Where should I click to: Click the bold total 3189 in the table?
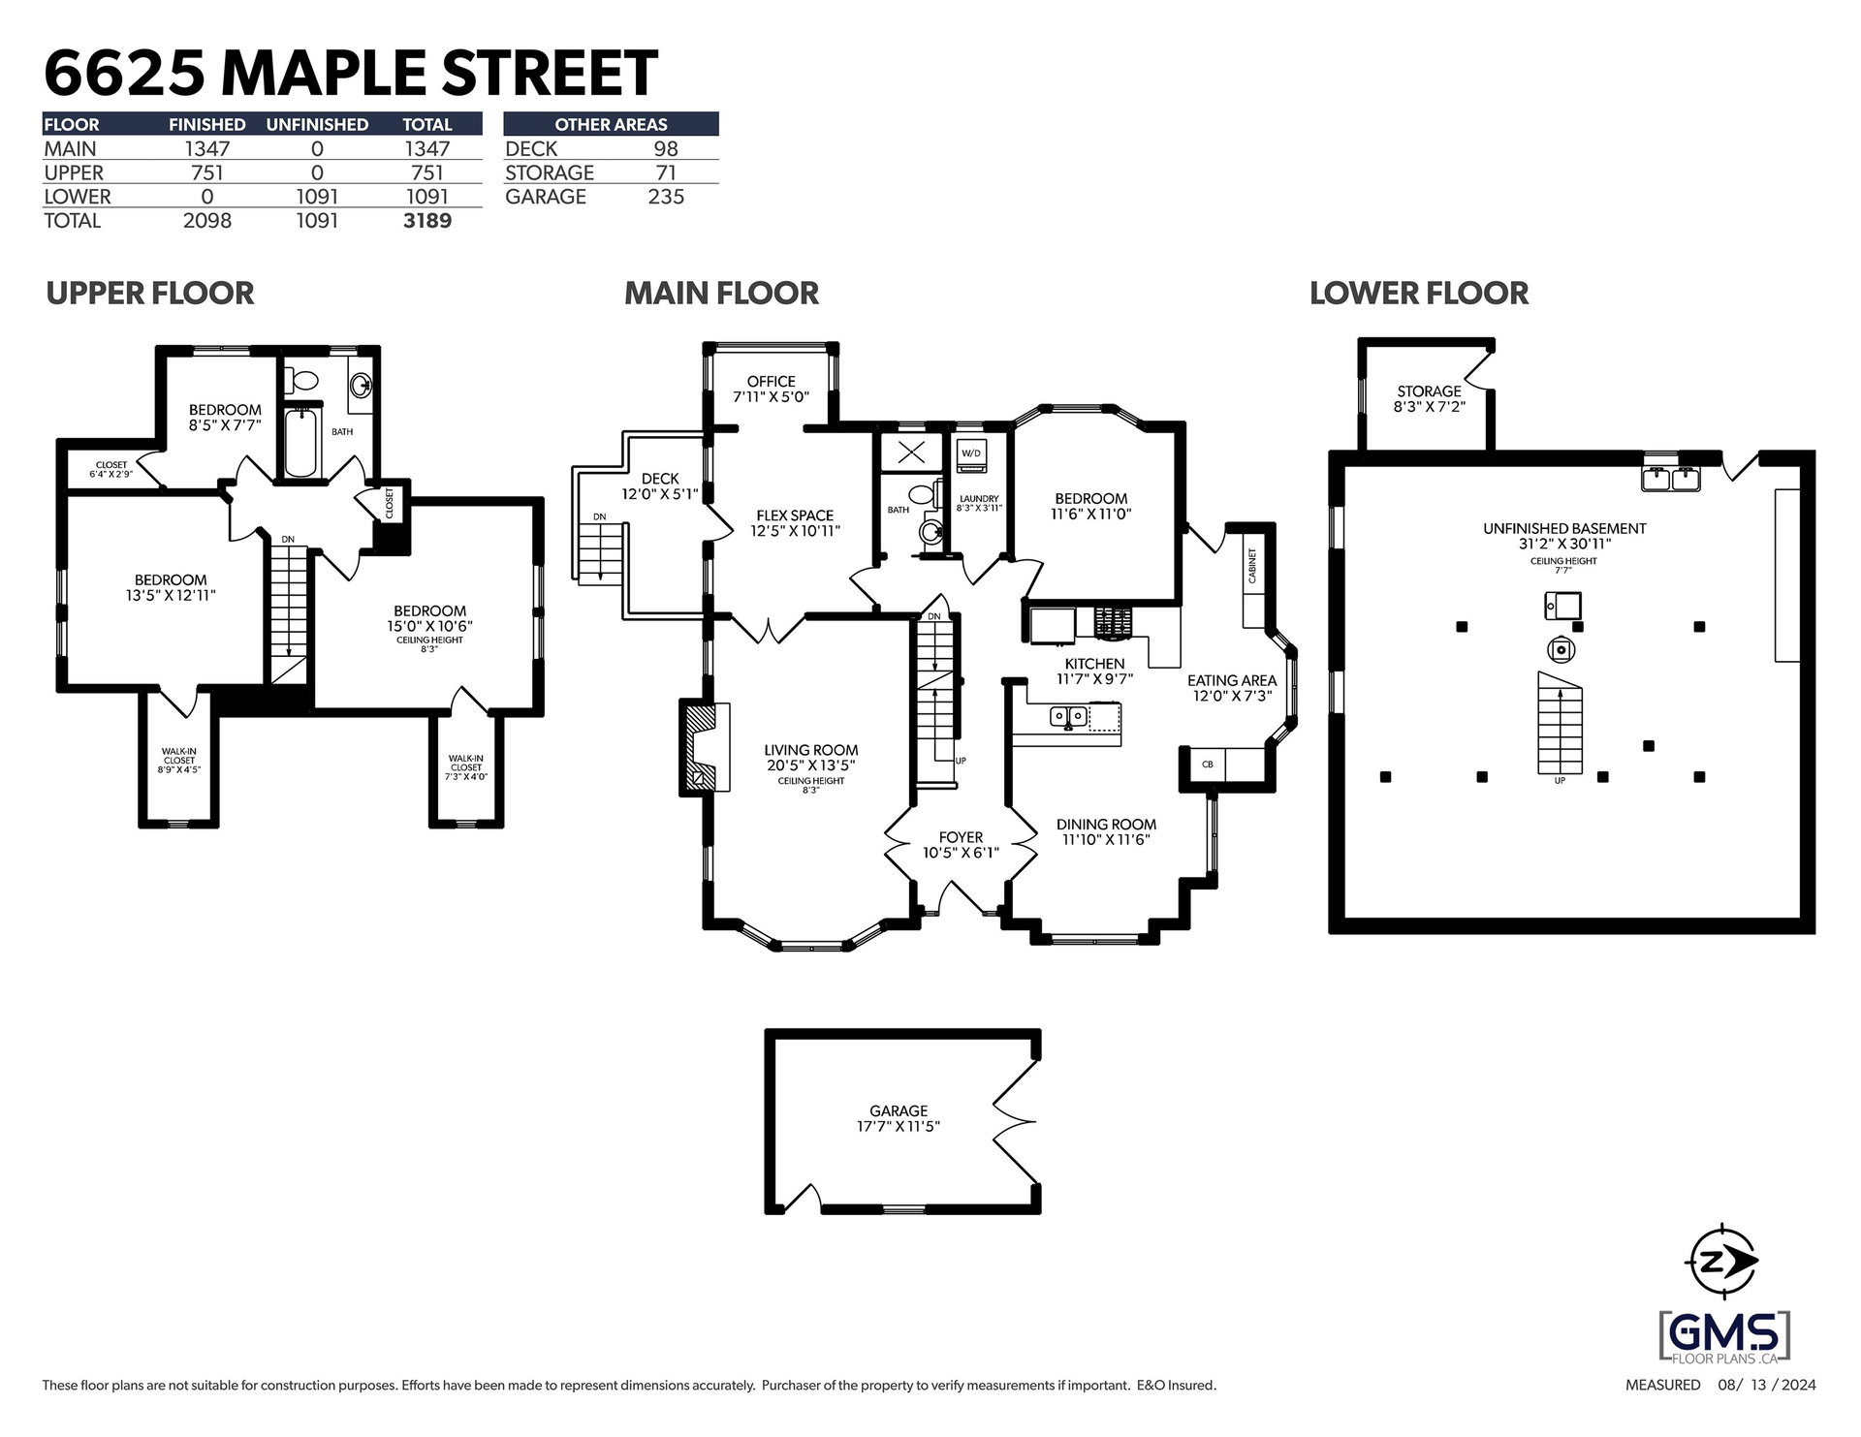427,221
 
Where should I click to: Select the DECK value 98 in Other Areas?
666,149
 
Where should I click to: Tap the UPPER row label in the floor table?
74,173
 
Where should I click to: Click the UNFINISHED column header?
317,125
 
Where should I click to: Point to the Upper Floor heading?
150,293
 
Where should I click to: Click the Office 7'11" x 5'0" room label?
772,389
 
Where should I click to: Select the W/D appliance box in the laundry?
970,453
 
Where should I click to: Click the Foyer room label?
961,845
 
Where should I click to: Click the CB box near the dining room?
1208,764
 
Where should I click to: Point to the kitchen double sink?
1068,717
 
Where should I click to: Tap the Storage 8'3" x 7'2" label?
1430,399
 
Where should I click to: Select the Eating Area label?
1232,688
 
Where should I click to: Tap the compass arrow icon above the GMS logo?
1722,1261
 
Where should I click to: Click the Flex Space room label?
795,523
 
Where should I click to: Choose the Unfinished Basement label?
1564,536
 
